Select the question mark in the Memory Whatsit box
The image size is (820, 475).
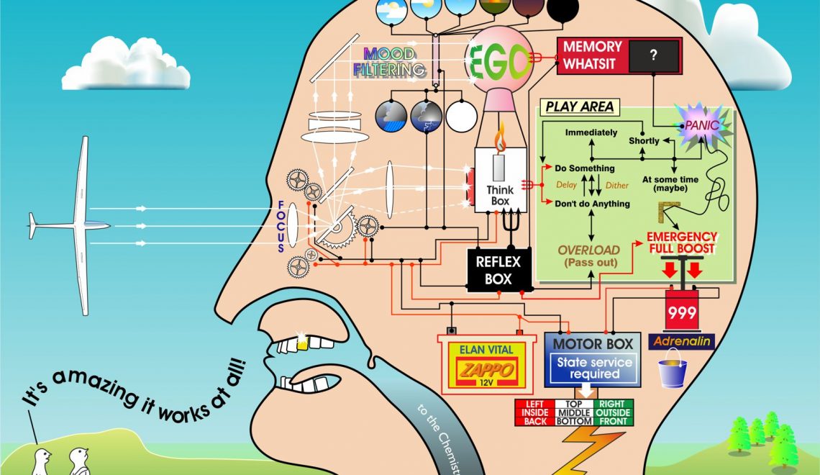point(653,55)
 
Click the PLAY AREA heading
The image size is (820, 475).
point(579,107)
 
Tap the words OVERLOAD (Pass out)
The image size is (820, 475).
point(588,256)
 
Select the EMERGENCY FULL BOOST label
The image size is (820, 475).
point(681,242)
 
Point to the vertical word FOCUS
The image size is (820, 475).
point(282,226)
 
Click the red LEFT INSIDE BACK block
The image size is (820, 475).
point(534,412)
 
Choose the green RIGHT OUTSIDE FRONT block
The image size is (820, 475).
point(614,412)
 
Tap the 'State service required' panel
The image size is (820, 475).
point(594,368)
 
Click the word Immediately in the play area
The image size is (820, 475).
point(591,132)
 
